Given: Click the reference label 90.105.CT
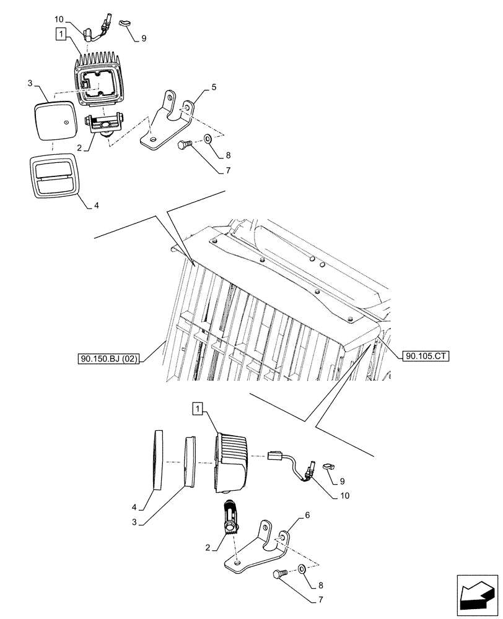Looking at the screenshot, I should [x=426, y=356].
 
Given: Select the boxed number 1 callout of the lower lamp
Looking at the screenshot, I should [x=197, y=408].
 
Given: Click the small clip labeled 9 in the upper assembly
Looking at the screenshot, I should [x=126, y=22].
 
